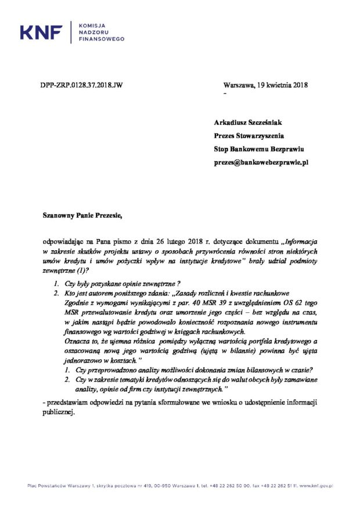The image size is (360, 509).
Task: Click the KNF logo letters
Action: click(41, 33)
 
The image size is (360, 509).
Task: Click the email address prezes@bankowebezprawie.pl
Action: click(261, 164)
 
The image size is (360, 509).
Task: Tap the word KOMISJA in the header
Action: click(91, 26)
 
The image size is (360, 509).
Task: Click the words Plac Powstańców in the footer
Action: click(43, 486)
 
